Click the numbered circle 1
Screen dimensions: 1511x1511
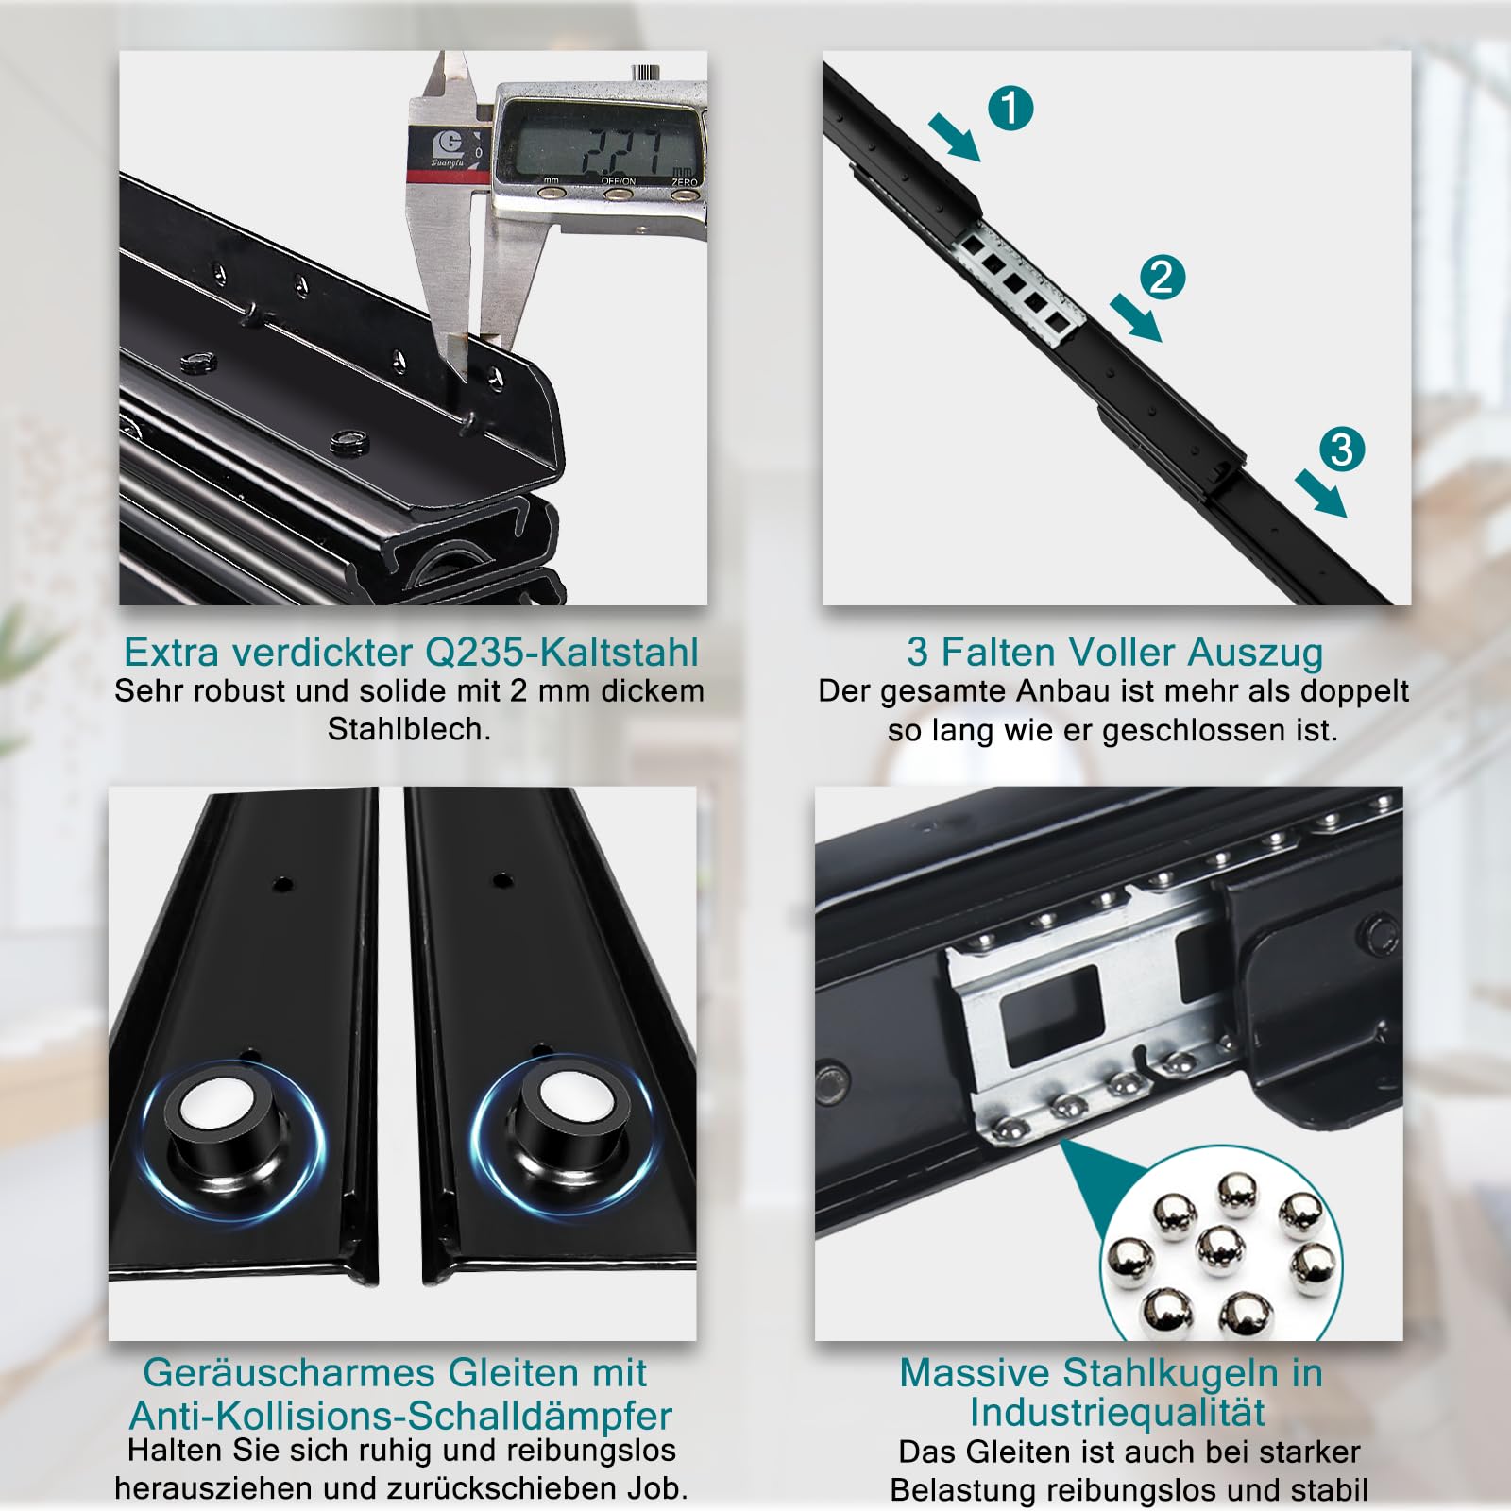(x=1010, y=108)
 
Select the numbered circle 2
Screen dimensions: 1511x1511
(x=1163, y=278)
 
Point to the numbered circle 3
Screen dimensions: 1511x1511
(x=1342, y=450)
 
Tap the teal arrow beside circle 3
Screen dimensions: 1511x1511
(x=1320, y=493)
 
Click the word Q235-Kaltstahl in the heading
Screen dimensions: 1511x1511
(x=562, y=653)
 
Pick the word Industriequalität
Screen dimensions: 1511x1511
(x=1117, y=1413)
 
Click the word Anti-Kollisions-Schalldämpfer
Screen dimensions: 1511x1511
(x=401, y=1416)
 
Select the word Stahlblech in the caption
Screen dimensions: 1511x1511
(x=409, y=730)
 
